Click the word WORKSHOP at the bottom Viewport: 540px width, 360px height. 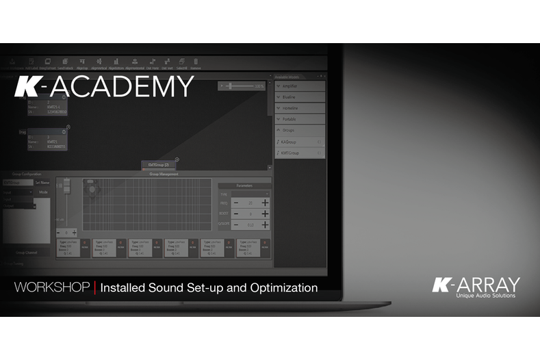click(x=52, y=287)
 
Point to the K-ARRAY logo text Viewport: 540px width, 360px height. click(x=476, y=284)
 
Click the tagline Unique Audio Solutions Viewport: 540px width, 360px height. click(x=486, y=296)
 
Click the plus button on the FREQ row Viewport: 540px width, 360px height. click(x=265, y=203)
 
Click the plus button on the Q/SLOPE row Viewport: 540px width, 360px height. click(x=265, y=224)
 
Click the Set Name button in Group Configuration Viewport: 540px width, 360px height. click(x=42, y=183)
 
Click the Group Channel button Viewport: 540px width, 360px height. click(x=27, y=252)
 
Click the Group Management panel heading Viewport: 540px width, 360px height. click(x=164, y=174)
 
